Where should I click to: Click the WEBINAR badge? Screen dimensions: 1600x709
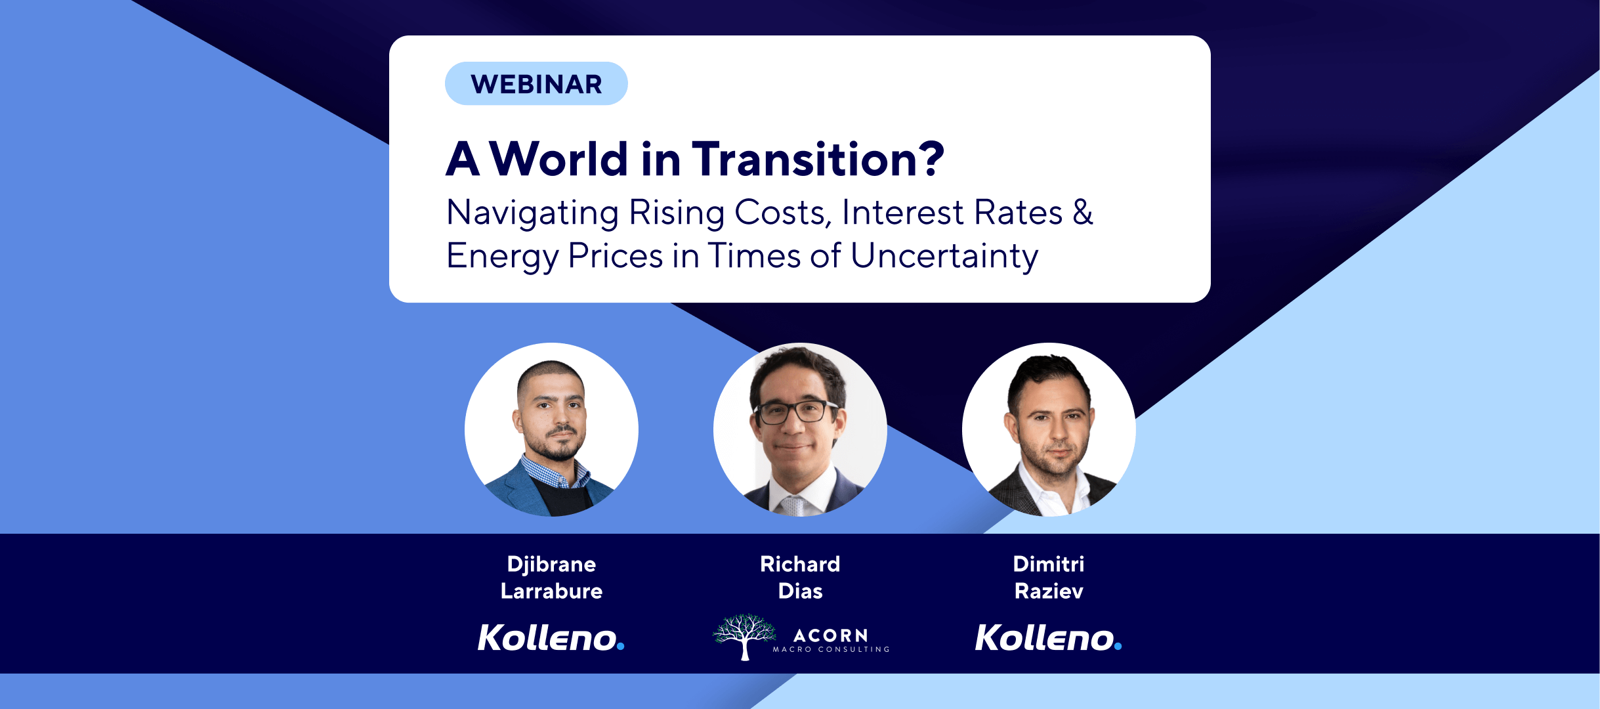coord(536,83)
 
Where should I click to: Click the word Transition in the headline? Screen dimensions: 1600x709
coord(804,159)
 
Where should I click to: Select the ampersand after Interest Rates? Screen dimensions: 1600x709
coord(1083,212)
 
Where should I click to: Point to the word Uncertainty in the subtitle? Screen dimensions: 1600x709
coord(944,256)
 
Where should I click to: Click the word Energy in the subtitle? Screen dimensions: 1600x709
coord(502,256)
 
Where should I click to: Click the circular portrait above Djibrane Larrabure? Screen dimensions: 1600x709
coord(551,429)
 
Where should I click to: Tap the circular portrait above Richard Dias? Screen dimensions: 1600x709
coord(800,429)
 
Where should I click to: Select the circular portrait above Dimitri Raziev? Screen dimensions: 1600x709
coord(1049,429)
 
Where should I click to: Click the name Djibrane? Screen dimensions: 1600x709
coord(551,564)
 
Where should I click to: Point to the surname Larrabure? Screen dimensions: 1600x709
coord(551,591)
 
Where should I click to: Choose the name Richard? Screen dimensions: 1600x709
coord(800,564)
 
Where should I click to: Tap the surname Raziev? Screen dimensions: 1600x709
coord(1049,591)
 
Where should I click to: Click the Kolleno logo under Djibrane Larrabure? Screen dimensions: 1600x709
coord(551,637)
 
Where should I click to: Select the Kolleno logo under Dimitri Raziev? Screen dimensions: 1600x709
coord(1049,637)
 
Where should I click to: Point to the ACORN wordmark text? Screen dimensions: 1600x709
coord(831,635)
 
